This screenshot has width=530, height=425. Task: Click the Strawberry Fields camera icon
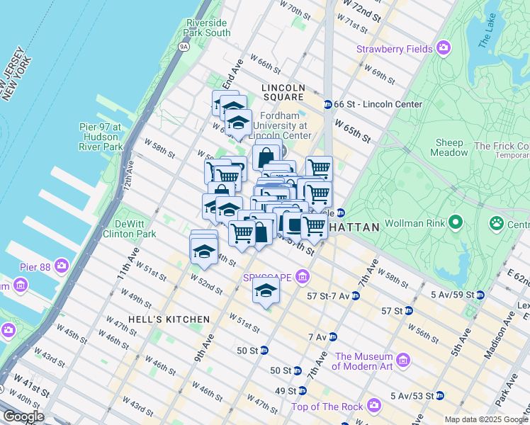444,49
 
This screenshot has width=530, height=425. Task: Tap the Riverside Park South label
207,28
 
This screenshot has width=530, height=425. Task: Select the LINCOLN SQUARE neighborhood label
283,88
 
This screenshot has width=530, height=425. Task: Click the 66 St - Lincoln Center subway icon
328,104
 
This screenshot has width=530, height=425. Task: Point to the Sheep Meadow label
450,147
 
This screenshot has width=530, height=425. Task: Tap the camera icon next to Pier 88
62,266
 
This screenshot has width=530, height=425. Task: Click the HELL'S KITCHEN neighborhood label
159,319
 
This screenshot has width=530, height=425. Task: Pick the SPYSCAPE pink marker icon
303,276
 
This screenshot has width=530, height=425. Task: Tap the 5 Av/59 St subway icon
480,295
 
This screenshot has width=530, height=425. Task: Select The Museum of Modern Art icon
404,361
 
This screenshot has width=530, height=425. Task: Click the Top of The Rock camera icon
374,406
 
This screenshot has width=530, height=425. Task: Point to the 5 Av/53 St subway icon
439,395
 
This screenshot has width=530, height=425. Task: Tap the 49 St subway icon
303,390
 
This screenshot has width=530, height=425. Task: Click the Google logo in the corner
24,416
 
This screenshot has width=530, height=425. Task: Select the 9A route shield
184,47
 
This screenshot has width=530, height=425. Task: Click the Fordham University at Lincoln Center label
286,125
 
